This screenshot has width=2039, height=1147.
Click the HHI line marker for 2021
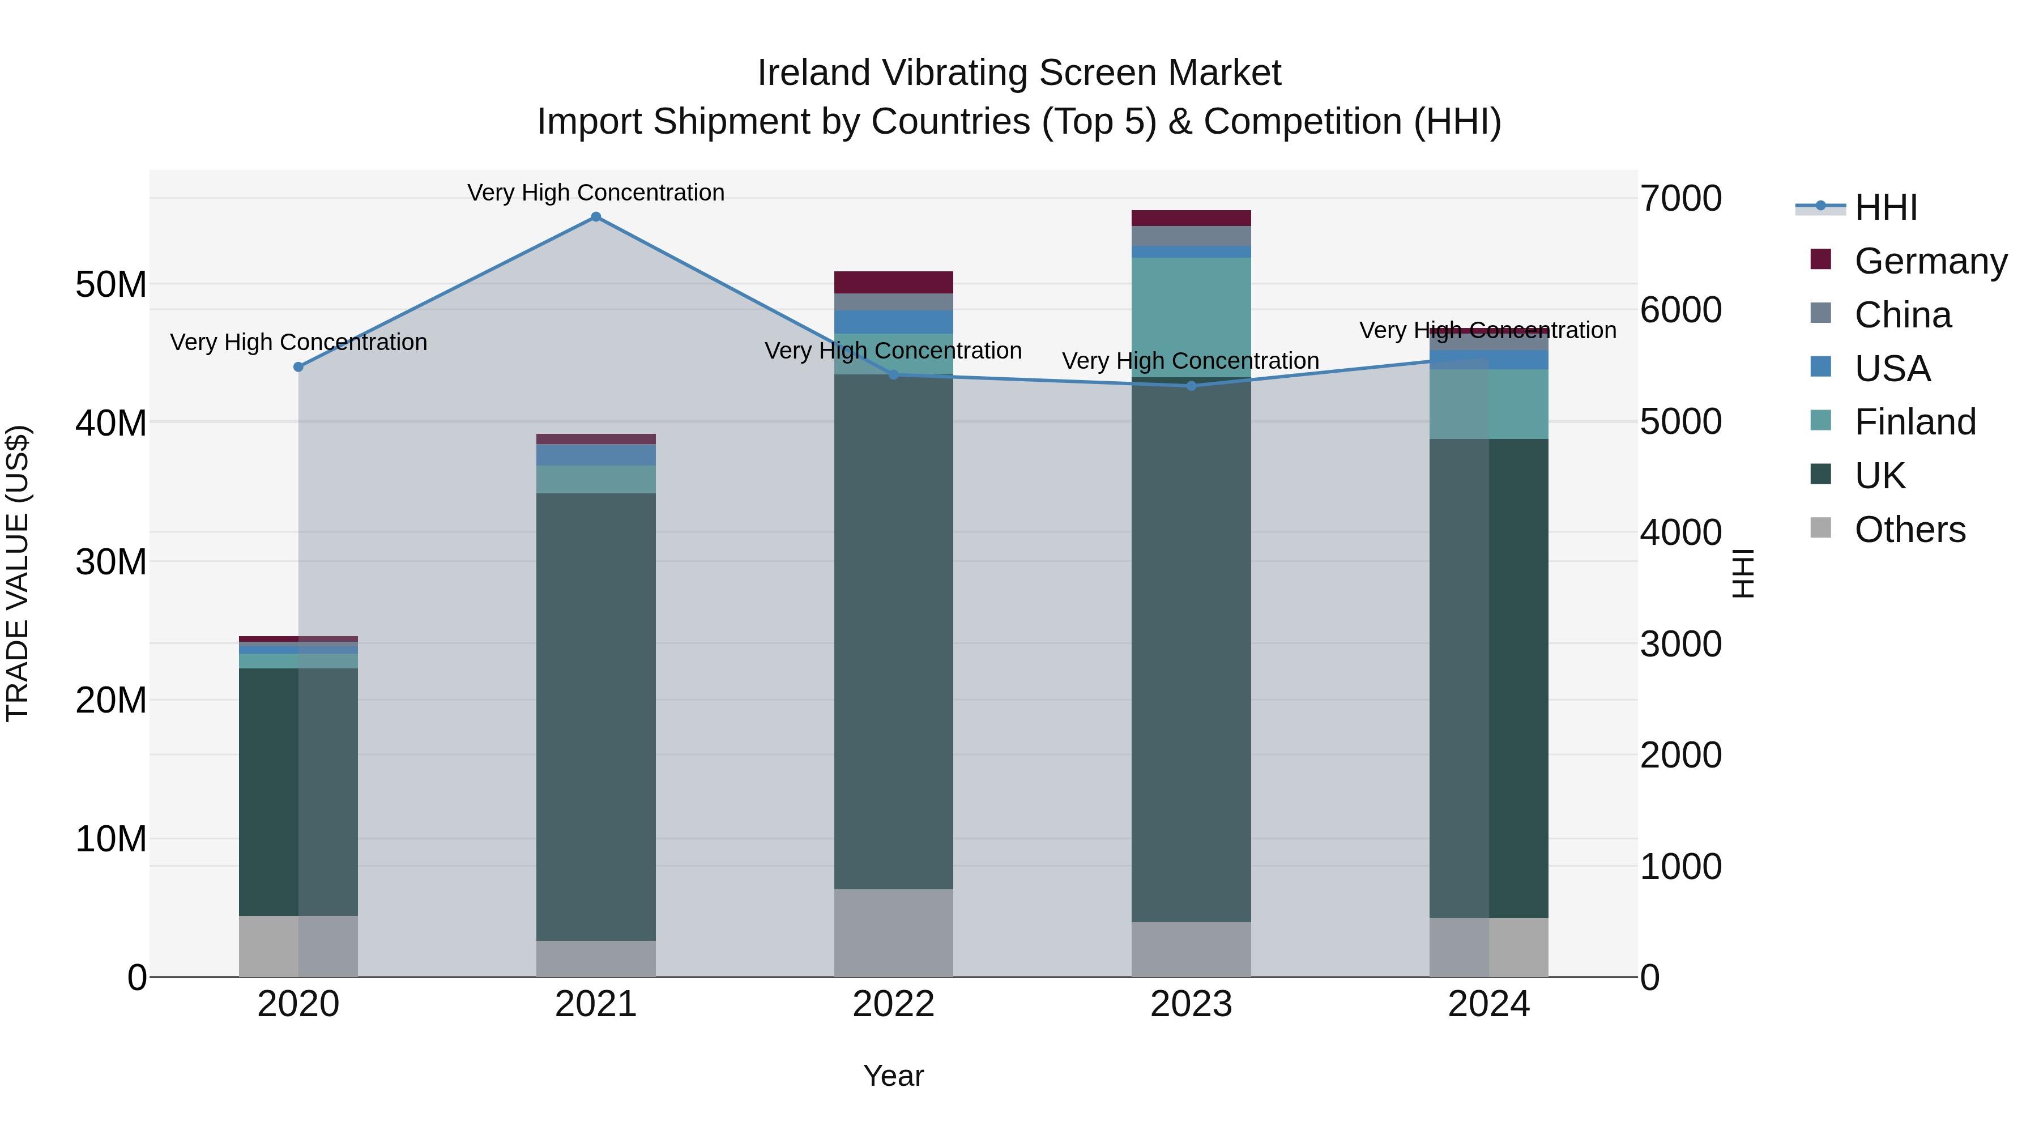[596, 217]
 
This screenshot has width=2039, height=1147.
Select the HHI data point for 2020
[298, 367]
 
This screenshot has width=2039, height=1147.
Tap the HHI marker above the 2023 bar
[1191, 386]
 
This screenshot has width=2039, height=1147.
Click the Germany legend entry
[1930, 261]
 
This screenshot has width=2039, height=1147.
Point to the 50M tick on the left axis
[111, 284]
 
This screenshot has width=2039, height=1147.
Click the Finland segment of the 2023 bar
[1191, 317]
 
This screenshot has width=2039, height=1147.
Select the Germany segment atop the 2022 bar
[894, 283]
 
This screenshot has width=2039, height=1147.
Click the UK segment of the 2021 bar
[596, 717]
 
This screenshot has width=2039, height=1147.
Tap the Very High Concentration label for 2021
[596, 193]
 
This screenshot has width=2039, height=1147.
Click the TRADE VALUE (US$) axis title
[18, 573]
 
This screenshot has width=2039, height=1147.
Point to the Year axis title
[894, 1076]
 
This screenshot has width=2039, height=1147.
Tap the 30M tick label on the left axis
[111, 562]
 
